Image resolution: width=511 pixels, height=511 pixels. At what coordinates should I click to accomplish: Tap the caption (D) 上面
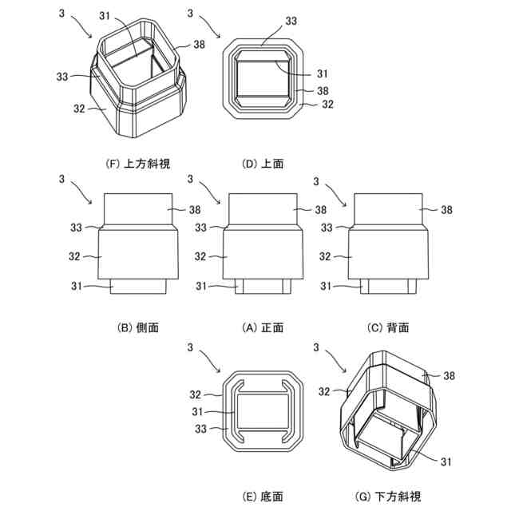coord(263,164)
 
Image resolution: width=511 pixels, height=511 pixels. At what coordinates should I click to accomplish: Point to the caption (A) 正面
coord(263,328)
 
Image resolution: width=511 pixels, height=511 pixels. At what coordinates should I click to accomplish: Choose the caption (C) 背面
coord(388,328)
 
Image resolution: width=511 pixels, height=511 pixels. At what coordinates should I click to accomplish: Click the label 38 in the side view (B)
coord(195,210)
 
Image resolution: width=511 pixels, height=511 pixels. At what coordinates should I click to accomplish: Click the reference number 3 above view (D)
coord(189,14)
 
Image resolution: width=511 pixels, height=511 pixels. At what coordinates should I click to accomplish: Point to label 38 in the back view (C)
coord(446,210)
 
